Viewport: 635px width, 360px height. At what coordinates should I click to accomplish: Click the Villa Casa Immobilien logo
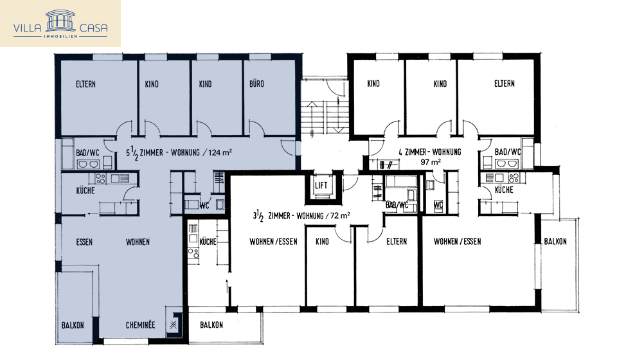60,24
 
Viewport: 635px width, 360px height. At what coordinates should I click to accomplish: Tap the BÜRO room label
256,84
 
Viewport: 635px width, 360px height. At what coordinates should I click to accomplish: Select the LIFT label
321,186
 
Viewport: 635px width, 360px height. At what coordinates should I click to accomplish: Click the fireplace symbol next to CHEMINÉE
173,325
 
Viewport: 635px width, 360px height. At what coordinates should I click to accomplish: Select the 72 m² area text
338,215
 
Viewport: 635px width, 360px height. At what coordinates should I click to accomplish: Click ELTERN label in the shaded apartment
86,84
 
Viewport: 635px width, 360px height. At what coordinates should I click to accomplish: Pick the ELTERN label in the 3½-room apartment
396,242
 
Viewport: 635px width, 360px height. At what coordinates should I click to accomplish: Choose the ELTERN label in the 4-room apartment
504,84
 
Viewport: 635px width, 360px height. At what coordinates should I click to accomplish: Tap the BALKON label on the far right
555,242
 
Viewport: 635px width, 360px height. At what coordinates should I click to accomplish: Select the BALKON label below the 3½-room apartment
211,325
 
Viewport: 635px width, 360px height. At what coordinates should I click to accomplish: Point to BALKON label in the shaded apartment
73,325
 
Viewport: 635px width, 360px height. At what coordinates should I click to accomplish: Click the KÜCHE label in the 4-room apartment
503,190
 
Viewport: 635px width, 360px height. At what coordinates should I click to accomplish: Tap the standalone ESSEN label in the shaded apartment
84,242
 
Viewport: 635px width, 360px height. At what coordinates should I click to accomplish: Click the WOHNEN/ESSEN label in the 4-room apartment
457,242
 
